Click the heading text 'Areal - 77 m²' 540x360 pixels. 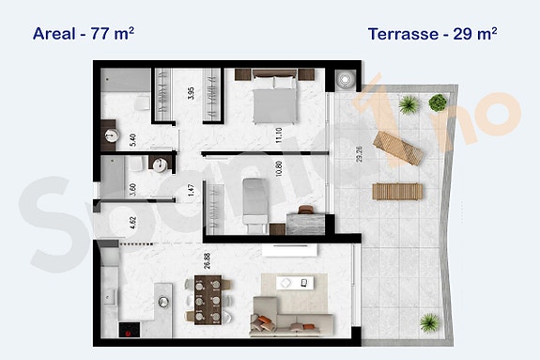click(x=84, y=34)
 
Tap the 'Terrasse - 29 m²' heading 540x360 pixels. click(x=433, y=34)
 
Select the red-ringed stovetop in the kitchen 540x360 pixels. click(x=127, y=330)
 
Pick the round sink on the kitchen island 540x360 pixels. click(x=164, y=303)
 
